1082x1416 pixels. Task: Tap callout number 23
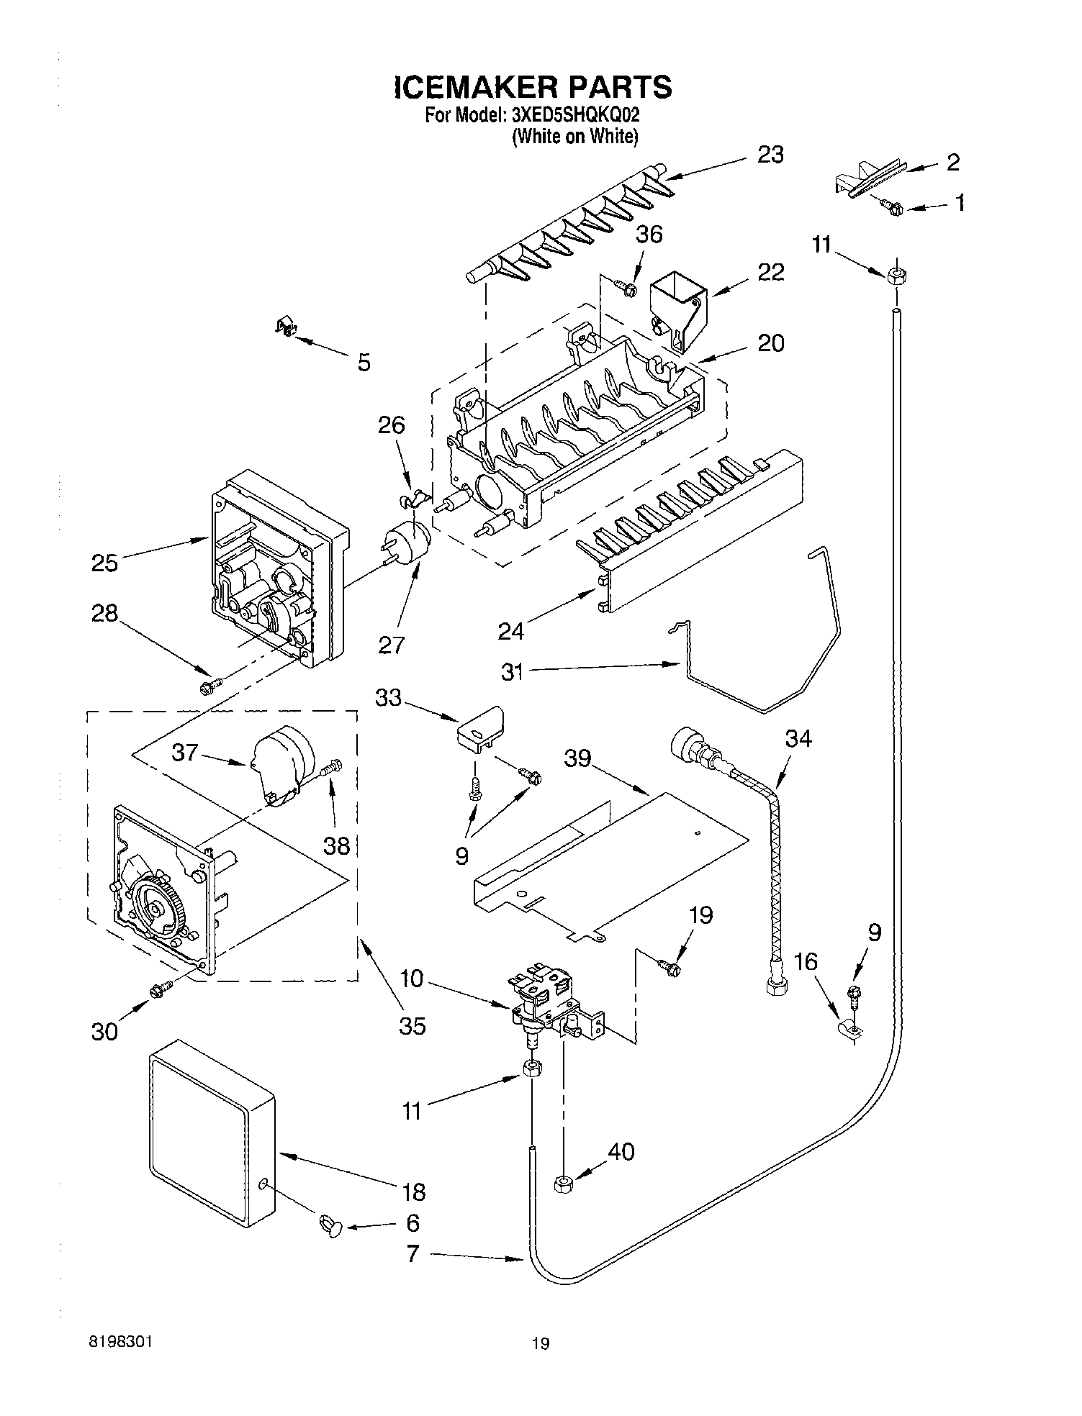coord(770,155)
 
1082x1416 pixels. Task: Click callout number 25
coord(104,563)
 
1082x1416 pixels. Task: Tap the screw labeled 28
coord(209,687)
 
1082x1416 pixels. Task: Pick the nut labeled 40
coord(563,1184)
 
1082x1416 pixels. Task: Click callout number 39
coord(579,758)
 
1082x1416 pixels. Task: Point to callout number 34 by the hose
coord(798,738)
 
